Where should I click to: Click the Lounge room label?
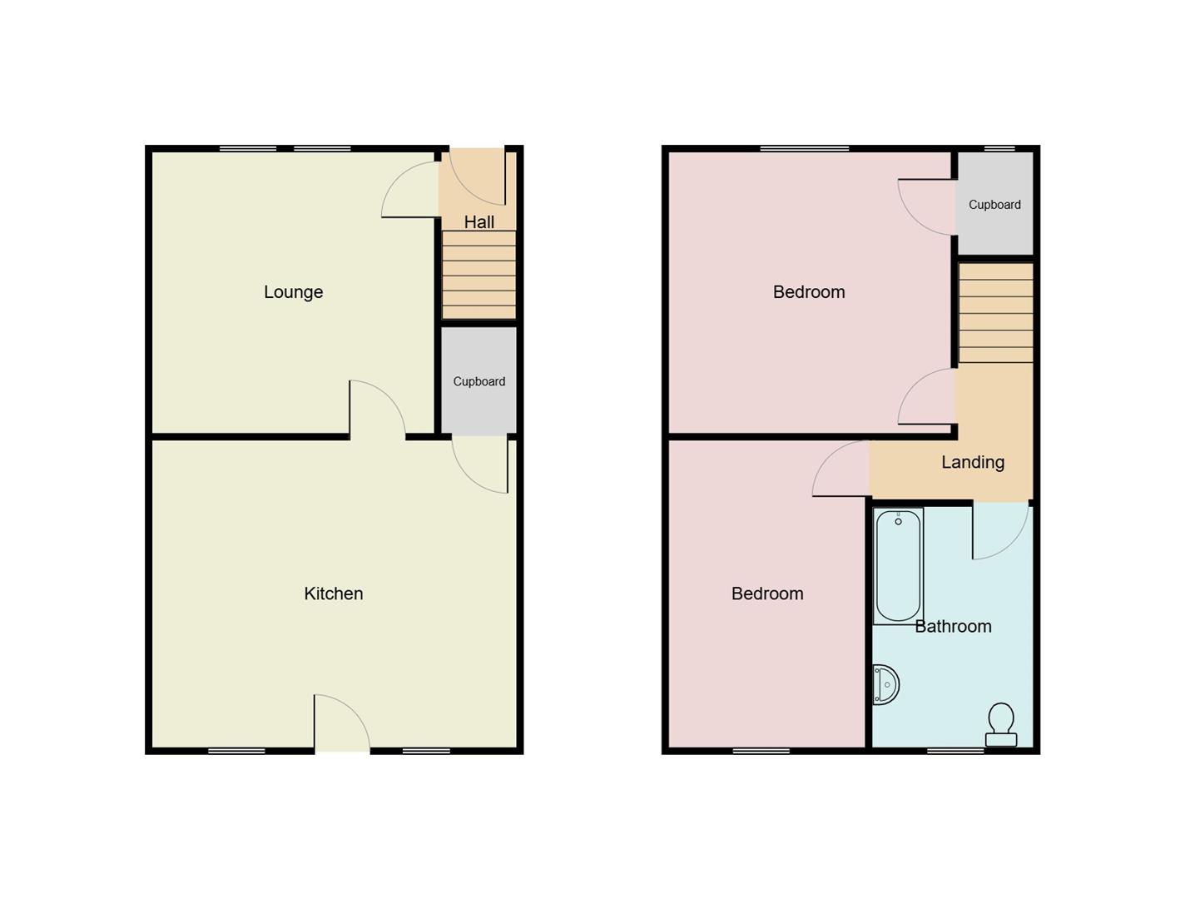click(x=293, y=292)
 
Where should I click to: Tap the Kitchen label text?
click(x=333, y=594)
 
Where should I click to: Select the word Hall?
click(x=478, y=222)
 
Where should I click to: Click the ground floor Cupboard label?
click(x=478, y=381)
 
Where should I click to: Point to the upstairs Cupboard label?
click(x=994, y=205)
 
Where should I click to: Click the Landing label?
click(x=972, y=462)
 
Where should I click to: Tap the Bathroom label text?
click(x=953, y=626)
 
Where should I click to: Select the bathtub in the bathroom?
click(x=898, y=566)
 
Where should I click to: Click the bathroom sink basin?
click(x=886, y=685)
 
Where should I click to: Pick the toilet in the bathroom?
click(x=1000, y=725)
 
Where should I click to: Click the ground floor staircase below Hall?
click(x=478, y=275)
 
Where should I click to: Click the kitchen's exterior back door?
click(x=341, y=724)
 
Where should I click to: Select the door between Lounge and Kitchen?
click(x=377, y=409)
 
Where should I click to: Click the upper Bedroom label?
click(x=808, y=292)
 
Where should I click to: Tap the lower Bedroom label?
click(x=766, y=594)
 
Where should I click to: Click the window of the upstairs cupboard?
click(x=999, y=149)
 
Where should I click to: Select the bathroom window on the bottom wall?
click(x=955, y=751)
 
